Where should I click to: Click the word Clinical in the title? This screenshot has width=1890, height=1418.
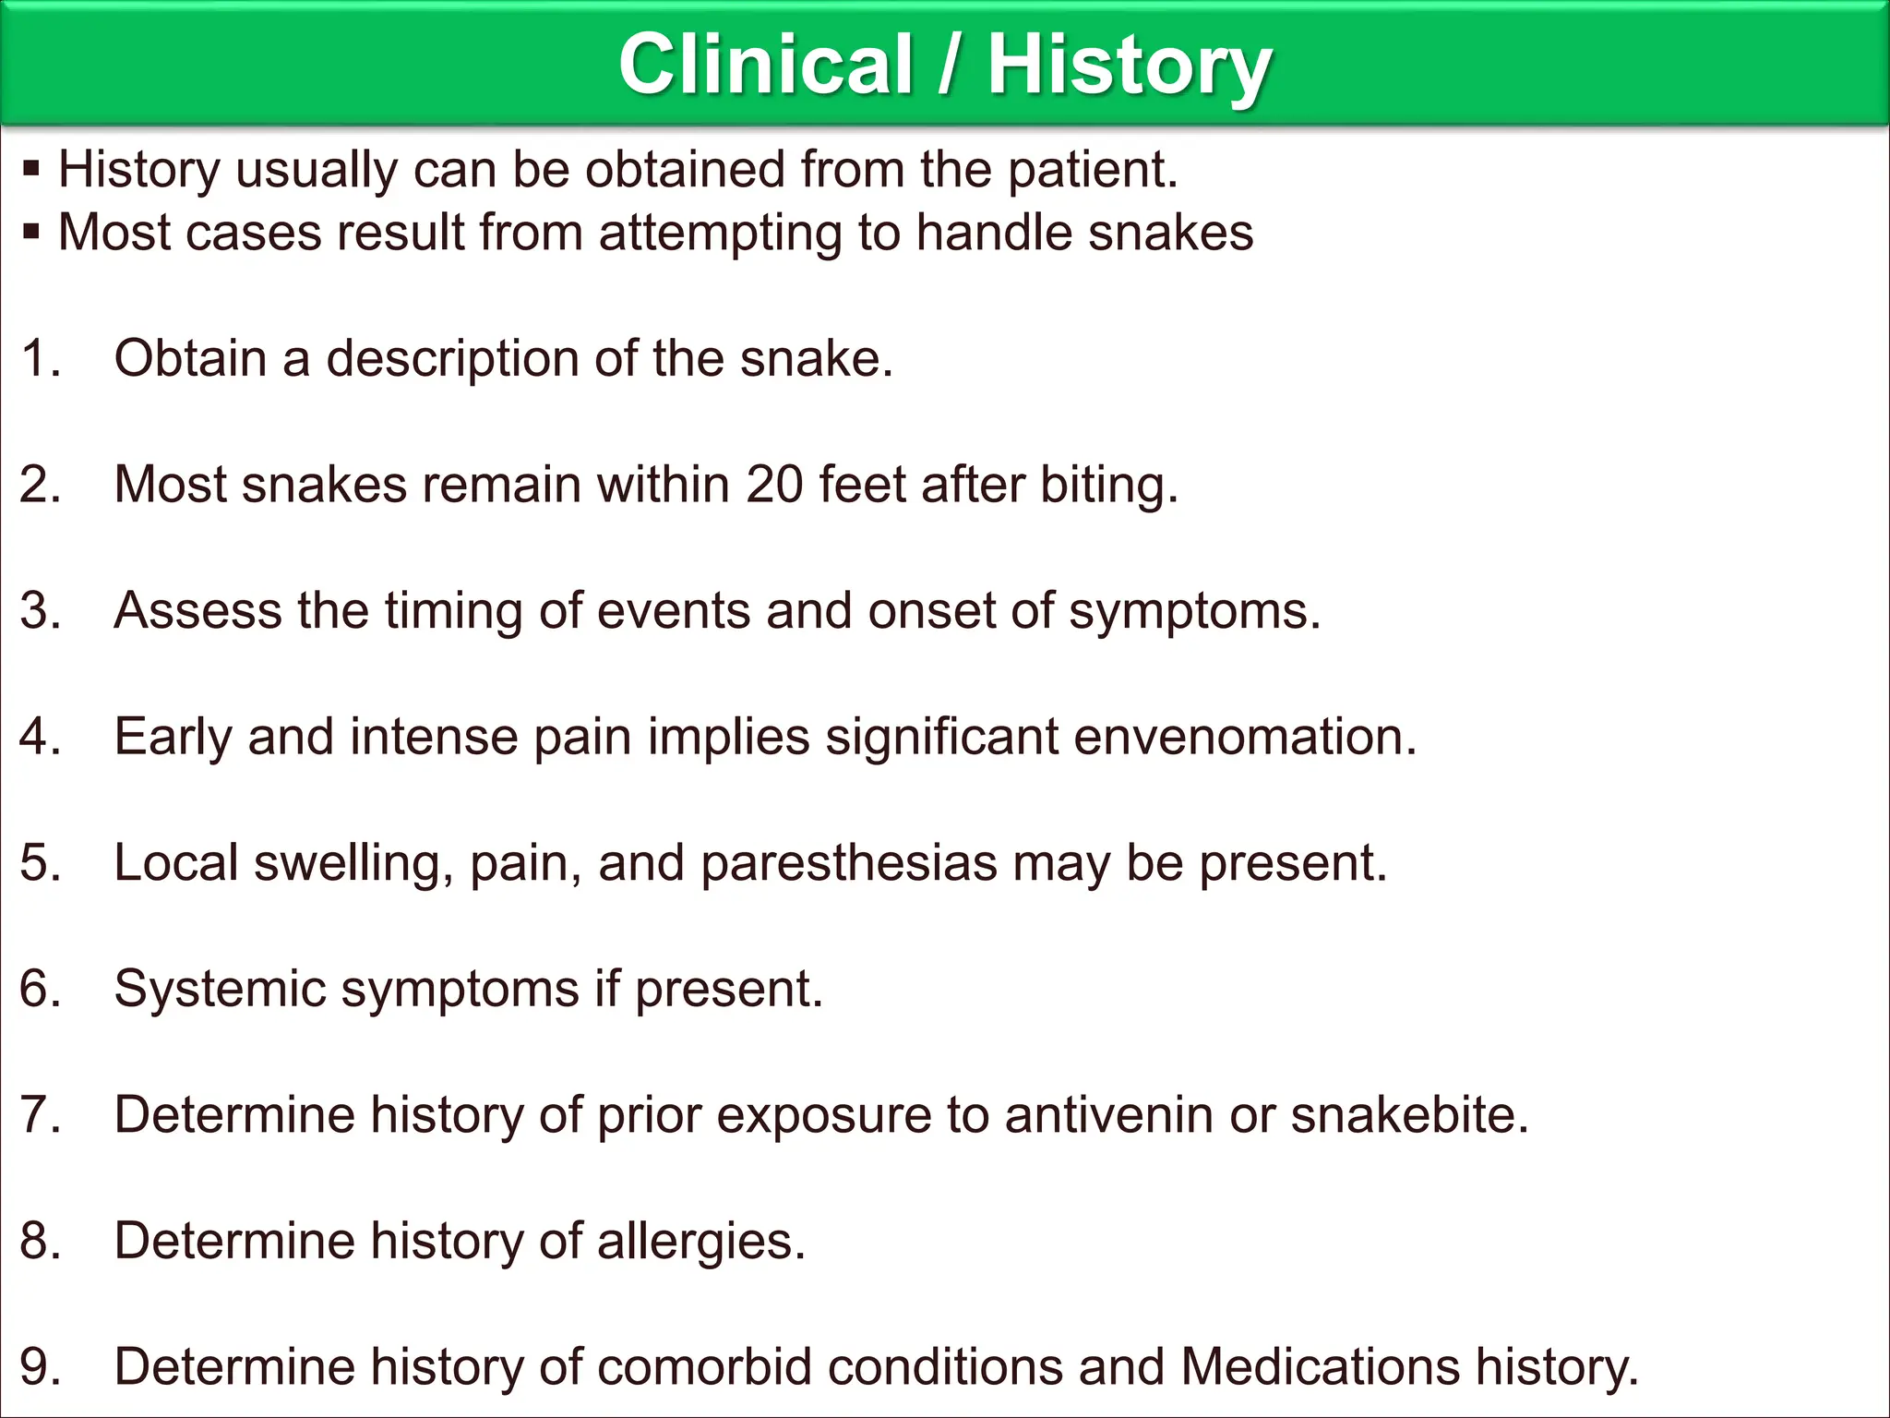(x=765, y=64)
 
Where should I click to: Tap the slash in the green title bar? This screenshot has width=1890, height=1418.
(x=949, y=64)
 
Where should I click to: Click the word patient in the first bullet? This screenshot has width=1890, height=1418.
(x=1092, y=170)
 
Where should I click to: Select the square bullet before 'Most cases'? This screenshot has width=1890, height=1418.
(x=32, y=232)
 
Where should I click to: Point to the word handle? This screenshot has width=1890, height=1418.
(x=994, y=232)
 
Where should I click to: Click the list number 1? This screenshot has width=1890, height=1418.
(x=39, y=358)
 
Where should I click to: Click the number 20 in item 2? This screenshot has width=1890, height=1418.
(x=775, y=484)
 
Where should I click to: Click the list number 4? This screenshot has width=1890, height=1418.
(x=39, y=737)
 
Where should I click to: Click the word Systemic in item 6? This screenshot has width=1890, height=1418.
(x=220, y=989)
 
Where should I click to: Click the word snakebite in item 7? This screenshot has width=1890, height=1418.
(x=1409, y=1115)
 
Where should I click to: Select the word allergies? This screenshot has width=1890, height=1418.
(x=701, y=1241)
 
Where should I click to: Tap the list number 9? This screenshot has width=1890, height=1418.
(x=39, y=1367)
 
